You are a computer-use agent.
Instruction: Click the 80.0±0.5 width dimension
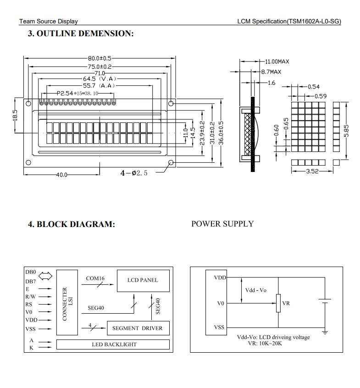pos(100,58)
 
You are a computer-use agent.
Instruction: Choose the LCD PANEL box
pos(143,280)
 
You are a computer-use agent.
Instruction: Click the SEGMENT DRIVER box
pos(138,328)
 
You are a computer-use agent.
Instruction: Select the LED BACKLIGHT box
pos(114,344)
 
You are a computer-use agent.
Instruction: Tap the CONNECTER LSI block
pos(67,303)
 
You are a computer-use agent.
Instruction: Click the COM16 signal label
pos(95,278)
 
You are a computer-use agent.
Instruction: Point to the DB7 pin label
pos(31,281)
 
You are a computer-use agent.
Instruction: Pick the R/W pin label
pos(31,297)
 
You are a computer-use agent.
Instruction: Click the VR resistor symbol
pos(278,303)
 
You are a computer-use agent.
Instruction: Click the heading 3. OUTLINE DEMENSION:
pos(81,33)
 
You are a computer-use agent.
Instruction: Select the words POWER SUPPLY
pos(222,224)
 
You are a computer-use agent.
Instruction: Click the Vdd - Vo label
pos(256,290)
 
